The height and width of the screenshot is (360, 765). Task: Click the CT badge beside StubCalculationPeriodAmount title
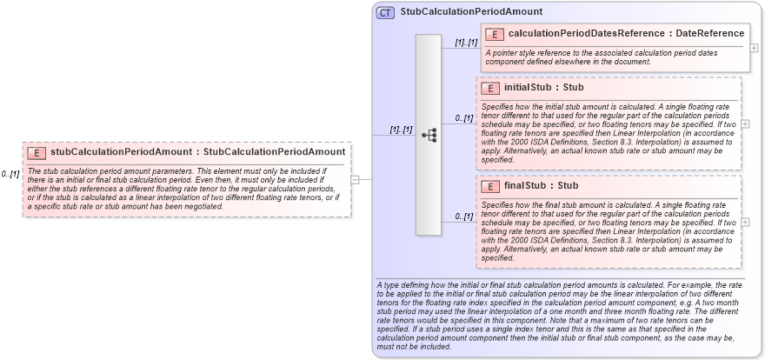pos(385,12)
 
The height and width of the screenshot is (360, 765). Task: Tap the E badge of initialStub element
pos(490,88)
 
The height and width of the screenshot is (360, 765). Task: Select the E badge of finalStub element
pos(490,186)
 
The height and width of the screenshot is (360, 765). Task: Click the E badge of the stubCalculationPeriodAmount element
pos(37,152)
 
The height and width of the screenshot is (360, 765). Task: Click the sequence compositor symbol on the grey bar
pos(429,136)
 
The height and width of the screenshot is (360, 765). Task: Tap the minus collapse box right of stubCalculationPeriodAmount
pos(356,179)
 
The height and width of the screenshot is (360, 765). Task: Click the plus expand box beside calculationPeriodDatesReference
pos(754,48)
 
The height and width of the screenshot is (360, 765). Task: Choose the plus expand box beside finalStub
pos(746,222)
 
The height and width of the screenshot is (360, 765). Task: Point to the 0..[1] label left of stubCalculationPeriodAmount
pos(10,174)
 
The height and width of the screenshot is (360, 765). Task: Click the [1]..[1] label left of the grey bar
pos(401,130)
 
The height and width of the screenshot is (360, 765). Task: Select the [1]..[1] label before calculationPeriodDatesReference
pos(466,42)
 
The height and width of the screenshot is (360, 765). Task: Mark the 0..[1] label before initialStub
pos(464,118)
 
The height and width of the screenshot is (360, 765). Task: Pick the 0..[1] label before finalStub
pos(464,217)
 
